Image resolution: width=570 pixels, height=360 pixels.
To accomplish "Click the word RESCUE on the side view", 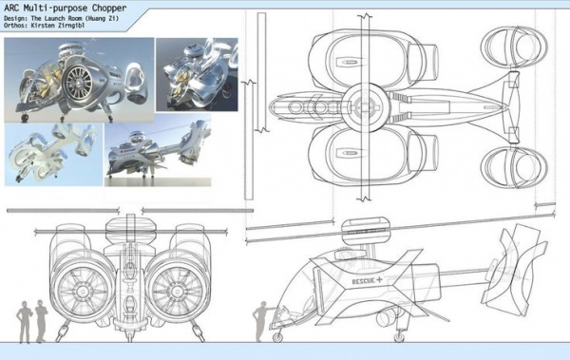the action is click(x=363, y=281).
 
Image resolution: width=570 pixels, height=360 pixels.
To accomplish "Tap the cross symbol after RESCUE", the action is click(x=379, y=279).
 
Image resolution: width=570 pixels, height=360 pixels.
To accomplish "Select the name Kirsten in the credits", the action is click(x=43, y=26).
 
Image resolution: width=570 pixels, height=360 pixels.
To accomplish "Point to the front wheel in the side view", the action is click(x=277, y=338).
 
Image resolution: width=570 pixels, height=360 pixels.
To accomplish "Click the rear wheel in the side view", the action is click(x=399, y=338).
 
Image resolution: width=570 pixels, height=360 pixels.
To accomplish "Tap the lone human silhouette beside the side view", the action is click(x=261, y=321).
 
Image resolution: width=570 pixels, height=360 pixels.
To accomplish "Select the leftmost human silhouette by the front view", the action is click(x=25, y=322).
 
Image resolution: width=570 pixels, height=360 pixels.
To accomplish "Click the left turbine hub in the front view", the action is click(x=81, y=291).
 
